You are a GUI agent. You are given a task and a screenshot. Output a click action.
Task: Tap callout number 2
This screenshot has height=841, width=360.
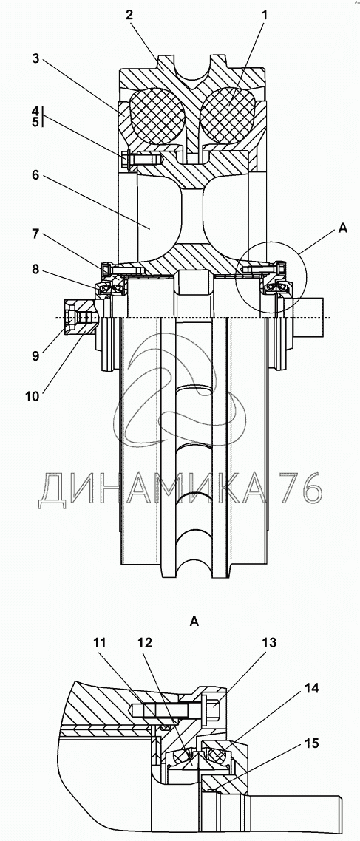point(129,16)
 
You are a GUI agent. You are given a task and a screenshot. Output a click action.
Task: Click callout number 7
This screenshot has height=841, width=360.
point(35,234)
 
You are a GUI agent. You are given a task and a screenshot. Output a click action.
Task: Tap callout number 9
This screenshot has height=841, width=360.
point(35,355)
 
